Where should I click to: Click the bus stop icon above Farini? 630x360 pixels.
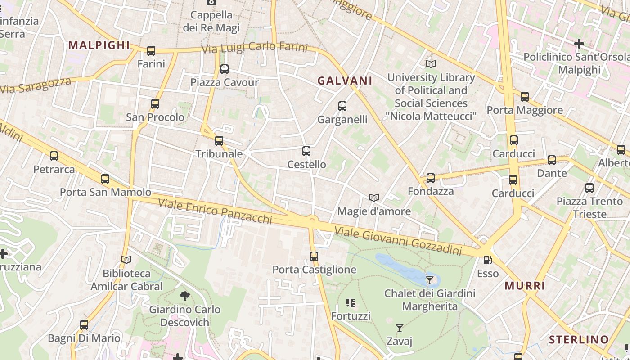pyautogui.click(x=151, y=51)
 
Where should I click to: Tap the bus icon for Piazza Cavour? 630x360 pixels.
pyautogui.click(x=225, y=69)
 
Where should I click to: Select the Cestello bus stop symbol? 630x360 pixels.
pyautogui.click(x=306, y=151)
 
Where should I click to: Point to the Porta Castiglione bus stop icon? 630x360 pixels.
pyautogui.click(x=314, y=256)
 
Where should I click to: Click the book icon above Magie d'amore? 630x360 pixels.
pyautogui.click(x=373, y=198)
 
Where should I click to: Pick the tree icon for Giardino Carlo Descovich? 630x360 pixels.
pyautogui.click(x=184, y=296)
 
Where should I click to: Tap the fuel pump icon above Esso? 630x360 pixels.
pyautogui.click(x=487, y=260)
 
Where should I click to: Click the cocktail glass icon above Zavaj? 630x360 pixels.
pyautogui.click(x=399, y=328)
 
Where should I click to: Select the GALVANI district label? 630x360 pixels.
pyautogui.click(x=345, y=81)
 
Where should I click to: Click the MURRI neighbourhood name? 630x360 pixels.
pyautogui.click(x=525, y=286)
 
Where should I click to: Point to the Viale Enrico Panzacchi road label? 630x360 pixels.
pyautogui.click(x=215, y=211)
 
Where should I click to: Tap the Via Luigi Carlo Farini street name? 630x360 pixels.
pyautogui.click(x=254, y=48)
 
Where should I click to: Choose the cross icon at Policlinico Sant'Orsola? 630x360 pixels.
pyautogui.click(x=579, y=44)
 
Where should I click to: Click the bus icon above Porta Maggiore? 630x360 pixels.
pyautogui.click(x=525, y=97)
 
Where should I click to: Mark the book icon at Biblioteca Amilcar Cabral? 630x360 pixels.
pyautogui.click(x=126, y=260)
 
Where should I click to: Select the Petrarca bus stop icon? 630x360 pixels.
pyautogui.click(x=54, y=156)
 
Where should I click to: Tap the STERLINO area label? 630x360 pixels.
pyautogui.click(x=579, y=339)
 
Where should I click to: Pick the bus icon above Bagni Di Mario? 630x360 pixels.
pyautogui.click(x=84, y=325)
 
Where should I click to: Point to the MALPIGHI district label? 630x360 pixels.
pyautogui.click(x=99, y=45)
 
